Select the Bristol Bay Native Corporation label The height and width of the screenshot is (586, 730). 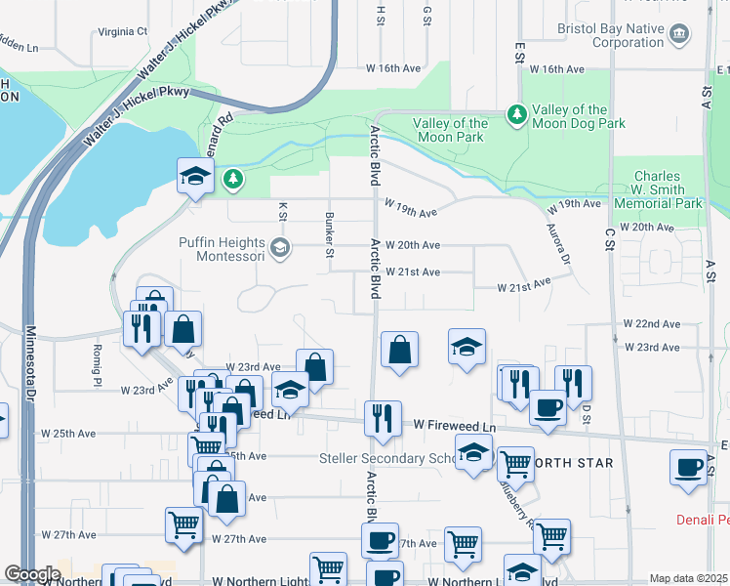coord(615,35)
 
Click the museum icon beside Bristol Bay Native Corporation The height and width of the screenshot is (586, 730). coord(679,36)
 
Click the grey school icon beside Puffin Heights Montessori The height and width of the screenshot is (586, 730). coord(281,247)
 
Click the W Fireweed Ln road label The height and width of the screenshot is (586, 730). coord(455,426)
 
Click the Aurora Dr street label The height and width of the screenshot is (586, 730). coord(559,244)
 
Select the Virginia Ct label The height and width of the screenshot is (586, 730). coord(122,31)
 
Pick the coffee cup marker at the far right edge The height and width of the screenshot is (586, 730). coord(689,466)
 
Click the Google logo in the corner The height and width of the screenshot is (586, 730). coord(32,574)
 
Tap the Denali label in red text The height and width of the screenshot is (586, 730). coord(703,520)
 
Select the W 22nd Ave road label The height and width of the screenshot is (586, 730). coord(652,323)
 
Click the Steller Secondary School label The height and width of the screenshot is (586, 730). coord(388,458)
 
